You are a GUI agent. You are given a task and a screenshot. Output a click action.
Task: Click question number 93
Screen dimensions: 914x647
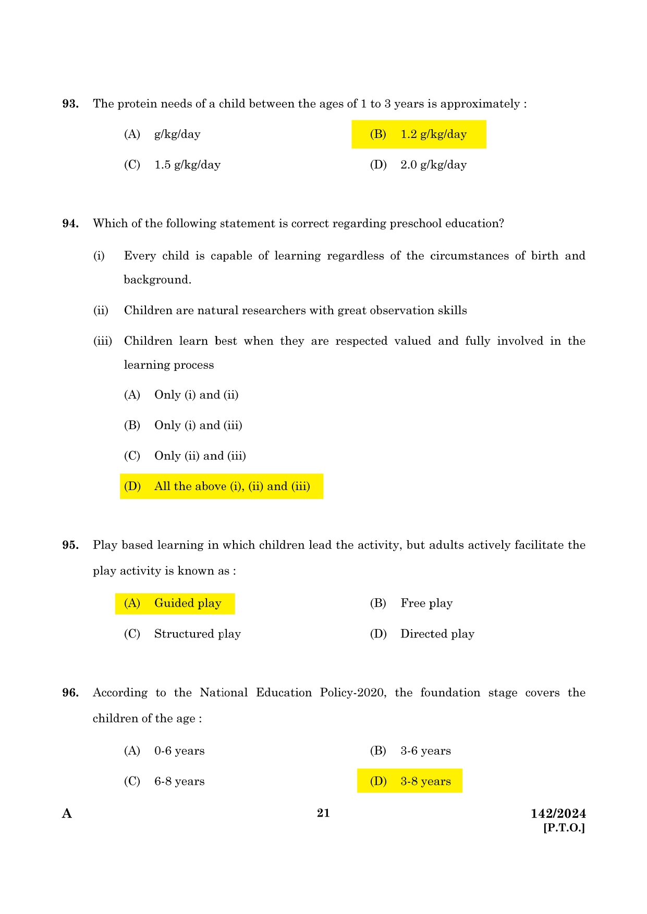click(70, 104)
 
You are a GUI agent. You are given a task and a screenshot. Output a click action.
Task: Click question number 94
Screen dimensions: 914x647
click(70, 223)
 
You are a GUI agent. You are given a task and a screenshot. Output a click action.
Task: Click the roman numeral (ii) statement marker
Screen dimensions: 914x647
click(101, 310)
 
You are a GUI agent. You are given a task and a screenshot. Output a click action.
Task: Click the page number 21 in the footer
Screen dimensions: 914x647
click(323, 813)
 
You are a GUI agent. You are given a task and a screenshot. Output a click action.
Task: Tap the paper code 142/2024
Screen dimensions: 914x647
click(558, 813)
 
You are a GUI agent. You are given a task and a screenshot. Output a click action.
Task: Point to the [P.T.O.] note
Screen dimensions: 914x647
click(564, 828)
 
